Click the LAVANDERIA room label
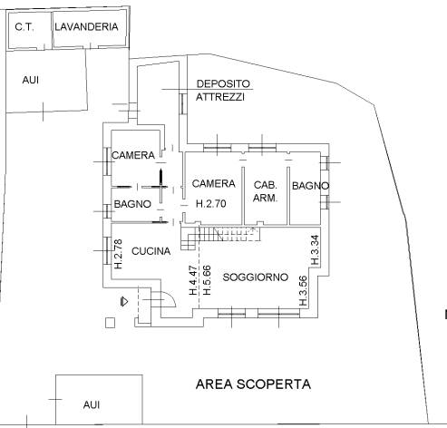pos(86,26)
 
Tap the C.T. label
pos(24,27)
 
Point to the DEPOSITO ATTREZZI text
pos(223,90)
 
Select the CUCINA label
pos(151,251)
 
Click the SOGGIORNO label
pos(256,277)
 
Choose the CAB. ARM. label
pos(266,191)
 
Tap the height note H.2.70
pos(211,203)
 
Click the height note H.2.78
pos(119,254)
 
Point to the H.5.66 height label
pos(207,280)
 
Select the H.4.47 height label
pos(193,280)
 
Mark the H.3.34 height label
pos(315,250)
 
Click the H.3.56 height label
pos(303,291)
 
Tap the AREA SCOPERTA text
pos(253,384)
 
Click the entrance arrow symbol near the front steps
pos(124,301)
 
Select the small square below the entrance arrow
pos(111,323)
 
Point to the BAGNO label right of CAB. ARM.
pos(311,186)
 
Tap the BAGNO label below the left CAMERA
pos(132,204)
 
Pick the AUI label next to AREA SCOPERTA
pos(92,404)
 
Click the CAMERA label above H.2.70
pos(214,183)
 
